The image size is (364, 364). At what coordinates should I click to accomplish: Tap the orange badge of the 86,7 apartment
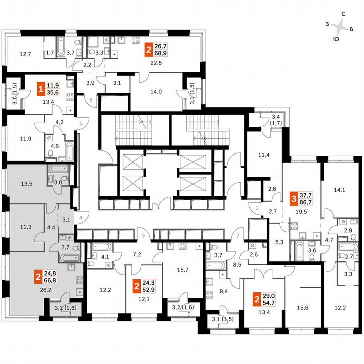(x=293, y=198)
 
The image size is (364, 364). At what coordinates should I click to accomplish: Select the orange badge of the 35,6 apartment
(x=41, y=90)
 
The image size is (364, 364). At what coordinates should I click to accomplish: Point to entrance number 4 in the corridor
(x=80, y=218)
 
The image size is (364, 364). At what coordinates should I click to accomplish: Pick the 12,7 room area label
(x=26, y=54)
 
